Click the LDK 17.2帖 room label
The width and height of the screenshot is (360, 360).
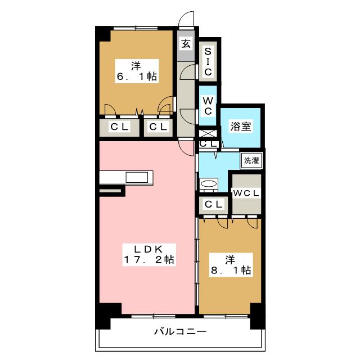point(149,255)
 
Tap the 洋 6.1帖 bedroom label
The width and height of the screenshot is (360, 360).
point(137,71)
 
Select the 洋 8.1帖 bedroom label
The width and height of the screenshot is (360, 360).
point(231,265)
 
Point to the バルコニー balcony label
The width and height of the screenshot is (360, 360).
point(180,331)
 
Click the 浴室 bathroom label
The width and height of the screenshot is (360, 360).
point(241,126)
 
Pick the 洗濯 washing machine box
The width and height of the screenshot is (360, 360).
point(251,160)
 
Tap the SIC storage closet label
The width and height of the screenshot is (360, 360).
point(208,61)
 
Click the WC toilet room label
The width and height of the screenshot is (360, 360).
point(208,106)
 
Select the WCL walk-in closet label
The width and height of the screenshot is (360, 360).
point(246,193)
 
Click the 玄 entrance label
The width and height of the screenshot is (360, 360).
point(186,44)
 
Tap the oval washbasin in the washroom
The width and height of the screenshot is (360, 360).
point(208,184)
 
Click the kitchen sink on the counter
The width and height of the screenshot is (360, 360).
point(137,178)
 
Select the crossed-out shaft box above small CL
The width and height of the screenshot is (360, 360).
point(208,133)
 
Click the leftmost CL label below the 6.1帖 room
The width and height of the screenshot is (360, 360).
point(119,127)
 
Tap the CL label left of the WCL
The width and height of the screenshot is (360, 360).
point(214,204)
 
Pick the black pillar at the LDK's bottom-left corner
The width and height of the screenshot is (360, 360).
point(108,316)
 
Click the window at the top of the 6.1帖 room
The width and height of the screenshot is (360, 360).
point(136,28)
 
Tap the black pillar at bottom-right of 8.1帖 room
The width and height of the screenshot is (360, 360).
point(258,316)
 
